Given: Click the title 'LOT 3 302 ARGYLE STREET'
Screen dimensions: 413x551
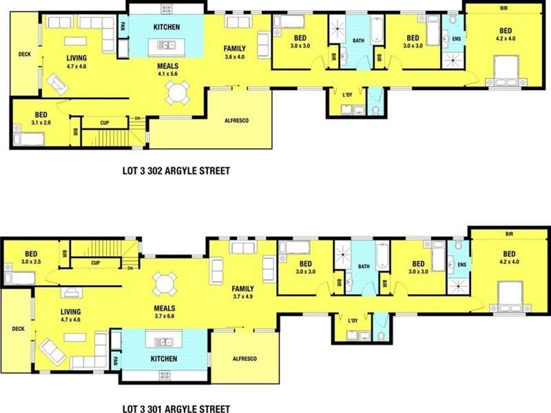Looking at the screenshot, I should click(174, 170).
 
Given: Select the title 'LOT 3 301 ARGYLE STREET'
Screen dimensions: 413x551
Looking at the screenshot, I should click(174, 407).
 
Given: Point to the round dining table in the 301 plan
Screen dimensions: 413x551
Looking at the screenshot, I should click(165, 283).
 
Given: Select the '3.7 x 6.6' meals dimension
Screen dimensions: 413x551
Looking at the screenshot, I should click(164, 316).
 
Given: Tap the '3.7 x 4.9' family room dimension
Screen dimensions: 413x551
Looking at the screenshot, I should click(243, 297).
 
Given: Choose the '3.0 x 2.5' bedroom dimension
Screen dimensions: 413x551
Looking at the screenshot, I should click(31, 261).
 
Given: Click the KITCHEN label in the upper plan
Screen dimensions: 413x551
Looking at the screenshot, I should click(166, 28).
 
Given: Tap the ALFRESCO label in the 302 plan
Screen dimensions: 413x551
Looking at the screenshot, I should click(236, 121).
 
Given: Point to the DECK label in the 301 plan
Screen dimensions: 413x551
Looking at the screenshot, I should click(17, 329).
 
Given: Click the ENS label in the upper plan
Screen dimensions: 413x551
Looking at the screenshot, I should click(455, 39).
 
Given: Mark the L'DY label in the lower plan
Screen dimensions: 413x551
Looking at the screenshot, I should click(353, 321).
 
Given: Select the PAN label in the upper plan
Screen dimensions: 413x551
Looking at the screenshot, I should click(122, 27).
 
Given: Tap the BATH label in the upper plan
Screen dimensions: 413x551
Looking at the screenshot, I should click(358, 41).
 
